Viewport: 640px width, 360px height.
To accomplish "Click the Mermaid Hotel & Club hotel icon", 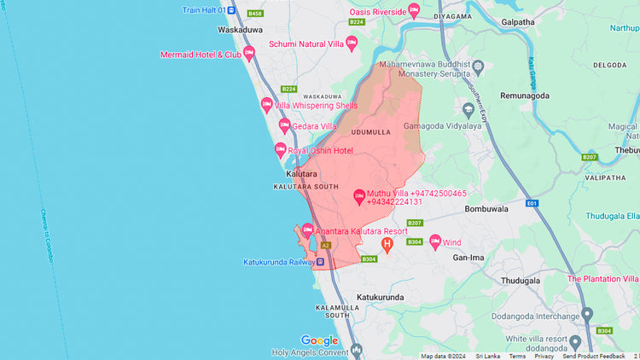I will coord(249,54).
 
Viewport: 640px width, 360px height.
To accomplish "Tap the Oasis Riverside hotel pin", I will coord(414,11).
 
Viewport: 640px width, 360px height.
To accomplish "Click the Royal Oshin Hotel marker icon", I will coord(280,150).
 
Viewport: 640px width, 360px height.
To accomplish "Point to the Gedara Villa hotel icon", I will coord(285,126).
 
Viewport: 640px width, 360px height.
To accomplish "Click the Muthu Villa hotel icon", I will coord(359,198).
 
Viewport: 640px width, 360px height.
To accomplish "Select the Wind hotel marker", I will coord(435,242).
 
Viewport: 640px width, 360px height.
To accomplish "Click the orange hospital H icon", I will coord(387,246).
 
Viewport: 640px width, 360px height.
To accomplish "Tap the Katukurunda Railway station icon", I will coord(320,262).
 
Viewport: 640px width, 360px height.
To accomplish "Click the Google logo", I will coord(319,340).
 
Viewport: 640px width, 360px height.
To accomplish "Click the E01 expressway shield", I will coord(532,204).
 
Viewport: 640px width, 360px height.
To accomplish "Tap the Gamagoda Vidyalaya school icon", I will coord(468,108).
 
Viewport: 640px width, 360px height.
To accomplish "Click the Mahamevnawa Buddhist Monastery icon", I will coord(478,66).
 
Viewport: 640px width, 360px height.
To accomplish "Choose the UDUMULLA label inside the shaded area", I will coord(370,132).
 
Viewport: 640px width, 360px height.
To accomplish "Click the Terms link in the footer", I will coord(517,356).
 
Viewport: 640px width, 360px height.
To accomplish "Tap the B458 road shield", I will coord(255,14).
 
